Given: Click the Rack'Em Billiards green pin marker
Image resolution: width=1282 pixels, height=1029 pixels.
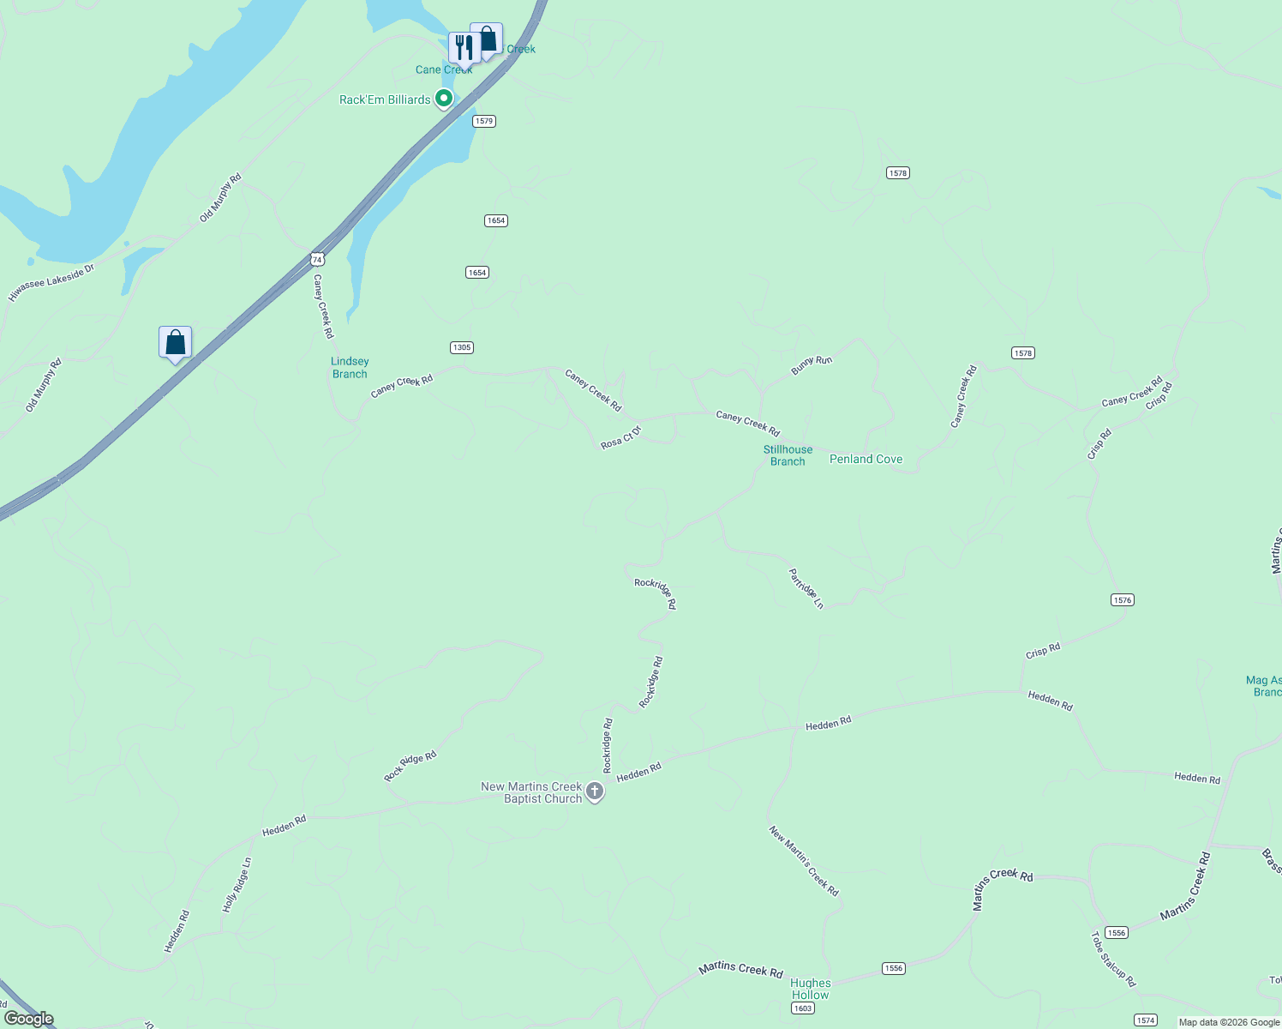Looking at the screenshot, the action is click(444, 99).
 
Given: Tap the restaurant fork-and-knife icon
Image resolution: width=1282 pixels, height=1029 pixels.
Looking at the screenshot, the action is click(463, 47).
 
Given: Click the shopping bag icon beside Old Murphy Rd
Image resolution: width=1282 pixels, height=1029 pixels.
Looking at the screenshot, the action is click(175, 343).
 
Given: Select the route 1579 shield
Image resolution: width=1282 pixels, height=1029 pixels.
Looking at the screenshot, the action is click(484, 121).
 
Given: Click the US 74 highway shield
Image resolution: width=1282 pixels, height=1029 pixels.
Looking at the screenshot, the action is click(318, 259).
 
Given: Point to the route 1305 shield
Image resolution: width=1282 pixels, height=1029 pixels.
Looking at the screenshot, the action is click(462, 347).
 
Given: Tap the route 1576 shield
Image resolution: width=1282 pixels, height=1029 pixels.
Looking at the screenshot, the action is click(1123, 600).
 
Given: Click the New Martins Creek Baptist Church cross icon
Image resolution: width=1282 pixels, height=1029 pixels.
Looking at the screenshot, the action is click(595, 792).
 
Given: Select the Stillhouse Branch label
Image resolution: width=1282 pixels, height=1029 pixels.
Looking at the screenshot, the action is click(788, 455).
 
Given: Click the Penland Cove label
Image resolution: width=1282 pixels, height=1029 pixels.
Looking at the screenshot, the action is click(866, 460).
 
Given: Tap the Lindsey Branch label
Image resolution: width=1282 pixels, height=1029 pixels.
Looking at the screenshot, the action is click(350, 368).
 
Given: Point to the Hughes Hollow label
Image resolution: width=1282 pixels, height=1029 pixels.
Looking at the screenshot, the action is click(810, 989).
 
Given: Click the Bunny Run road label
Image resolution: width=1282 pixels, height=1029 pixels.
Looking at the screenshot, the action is click(812, 365).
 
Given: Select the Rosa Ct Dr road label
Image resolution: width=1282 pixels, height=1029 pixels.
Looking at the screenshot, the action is click(621, 437).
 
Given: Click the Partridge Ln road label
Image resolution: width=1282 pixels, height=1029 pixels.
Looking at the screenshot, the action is click(806, 588).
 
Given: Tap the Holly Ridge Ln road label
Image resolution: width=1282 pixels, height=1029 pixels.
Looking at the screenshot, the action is click(237, 885).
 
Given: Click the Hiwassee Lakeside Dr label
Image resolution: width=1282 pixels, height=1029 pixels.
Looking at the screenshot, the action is click(51, 283).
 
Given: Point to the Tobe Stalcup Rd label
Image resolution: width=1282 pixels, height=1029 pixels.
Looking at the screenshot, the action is click(1113, 960).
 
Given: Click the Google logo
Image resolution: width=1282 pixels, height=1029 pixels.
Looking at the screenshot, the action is click(28, 1019).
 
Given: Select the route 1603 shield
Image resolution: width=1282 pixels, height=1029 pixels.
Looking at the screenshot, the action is click(803, 1008).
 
